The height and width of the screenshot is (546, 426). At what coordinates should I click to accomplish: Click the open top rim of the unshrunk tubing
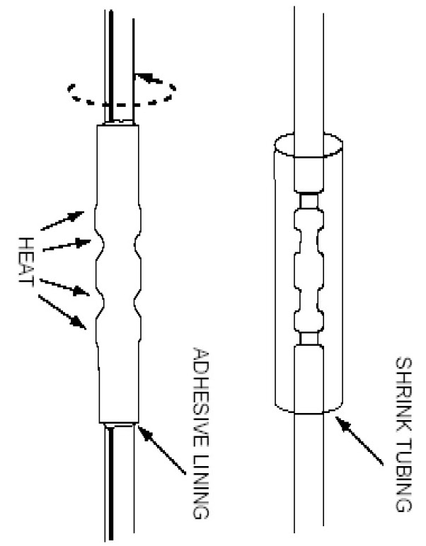point(309,146)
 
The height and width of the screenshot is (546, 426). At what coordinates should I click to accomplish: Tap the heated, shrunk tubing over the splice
point(118,276)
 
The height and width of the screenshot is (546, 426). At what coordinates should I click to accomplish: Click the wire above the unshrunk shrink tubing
point(310,71)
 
